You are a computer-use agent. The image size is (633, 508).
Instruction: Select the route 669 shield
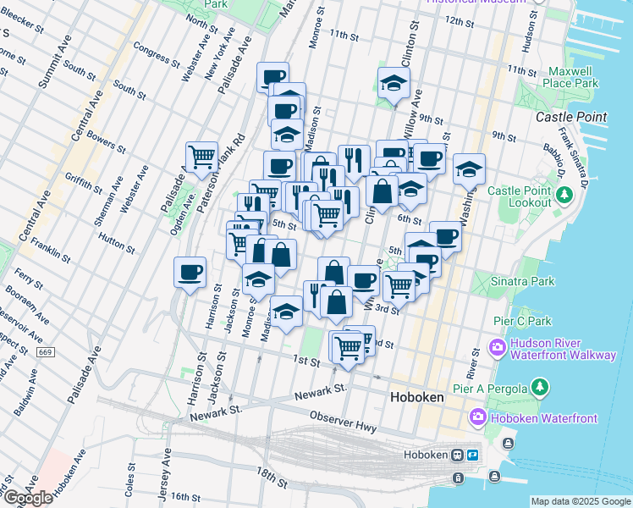[46, 351]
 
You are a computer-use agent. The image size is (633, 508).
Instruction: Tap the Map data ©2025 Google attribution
[580, 501]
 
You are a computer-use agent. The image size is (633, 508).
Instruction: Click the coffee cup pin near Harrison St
[190, 273]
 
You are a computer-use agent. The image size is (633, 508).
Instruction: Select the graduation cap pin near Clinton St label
[394, 83]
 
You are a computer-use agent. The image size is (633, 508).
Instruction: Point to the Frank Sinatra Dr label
[574, 157]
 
